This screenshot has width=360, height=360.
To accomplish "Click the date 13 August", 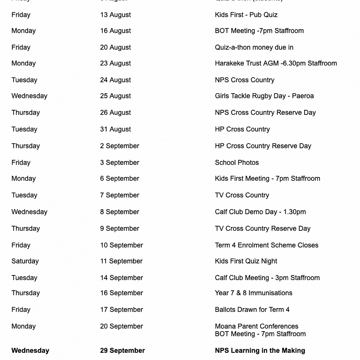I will tap(115, 15).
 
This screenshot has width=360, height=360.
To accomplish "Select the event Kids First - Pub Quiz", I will tap(246, 15).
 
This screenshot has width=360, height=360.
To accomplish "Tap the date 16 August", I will tap(115, 31).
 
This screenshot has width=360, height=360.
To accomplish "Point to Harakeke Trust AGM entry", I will tap(276, 63).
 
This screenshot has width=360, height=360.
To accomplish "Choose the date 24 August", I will tap(115, 80).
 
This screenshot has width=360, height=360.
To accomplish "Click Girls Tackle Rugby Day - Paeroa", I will tap(264, 96).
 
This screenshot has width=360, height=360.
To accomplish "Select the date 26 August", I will tap(115, 112).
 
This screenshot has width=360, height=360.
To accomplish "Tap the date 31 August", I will tap(115, 129).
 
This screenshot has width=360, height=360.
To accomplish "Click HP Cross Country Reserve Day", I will tap(263, 146).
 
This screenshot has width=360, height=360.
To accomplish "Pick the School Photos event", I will tap(237, 162).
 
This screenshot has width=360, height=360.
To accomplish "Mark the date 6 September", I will tap(120, 178).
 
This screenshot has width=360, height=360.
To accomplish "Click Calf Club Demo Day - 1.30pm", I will tap(260, 212).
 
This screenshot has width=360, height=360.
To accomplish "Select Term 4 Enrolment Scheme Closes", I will tap(266, 245).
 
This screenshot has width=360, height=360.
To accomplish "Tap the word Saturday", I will tap(25, 261).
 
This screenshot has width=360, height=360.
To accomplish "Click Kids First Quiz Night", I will tap(246, 261).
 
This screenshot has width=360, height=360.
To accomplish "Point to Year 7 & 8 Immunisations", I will tap(253, 293).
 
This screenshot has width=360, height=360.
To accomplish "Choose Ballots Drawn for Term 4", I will tap(252, 310).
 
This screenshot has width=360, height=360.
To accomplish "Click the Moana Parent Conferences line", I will tap(256, 326).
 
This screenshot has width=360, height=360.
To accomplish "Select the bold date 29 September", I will tap(122, 350).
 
